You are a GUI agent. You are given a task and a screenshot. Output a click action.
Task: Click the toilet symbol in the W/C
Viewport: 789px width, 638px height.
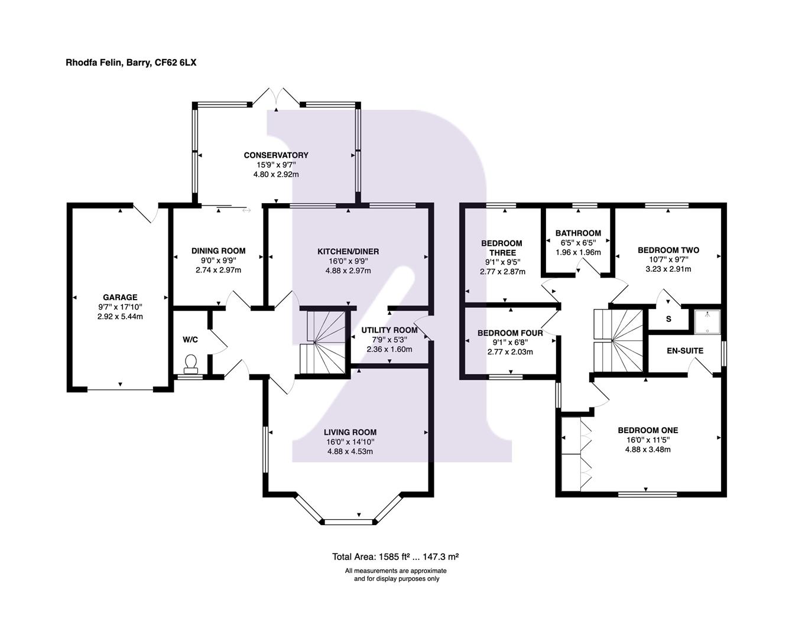(191, 363)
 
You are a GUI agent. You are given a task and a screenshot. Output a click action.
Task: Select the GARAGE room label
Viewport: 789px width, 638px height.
(120, 298)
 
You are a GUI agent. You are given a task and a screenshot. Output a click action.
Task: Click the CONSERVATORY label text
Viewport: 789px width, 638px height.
(276, 155)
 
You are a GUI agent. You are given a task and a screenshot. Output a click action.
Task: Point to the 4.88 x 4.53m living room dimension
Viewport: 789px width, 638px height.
(350, 451)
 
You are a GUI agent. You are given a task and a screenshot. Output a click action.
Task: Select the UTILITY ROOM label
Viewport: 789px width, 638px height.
(389, 330)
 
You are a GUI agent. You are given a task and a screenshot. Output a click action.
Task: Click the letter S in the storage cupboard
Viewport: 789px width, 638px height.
(668, 319)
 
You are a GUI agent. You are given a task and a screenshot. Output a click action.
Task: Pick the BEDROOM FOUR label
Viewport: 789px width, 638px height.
(510, 333)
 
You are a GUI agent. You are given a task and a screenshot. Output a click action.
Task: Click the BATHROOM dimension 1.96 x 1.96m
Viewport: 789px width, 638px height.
(578, 252)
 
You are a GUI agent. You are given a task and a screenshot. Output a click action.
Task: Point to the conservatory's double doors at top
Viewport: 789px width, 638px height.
(276, 96)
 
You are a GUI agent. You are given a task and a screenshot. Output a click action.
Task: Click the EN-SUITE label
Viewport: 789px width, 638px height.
(685, 351)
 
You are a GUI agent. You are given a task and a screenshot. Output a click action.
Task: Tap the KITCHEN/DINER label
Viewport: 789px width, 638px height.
(348, 252)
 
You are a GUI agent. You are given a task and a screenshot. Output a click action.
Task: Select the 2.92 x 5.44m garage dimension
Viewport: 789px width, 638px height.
(120, 317)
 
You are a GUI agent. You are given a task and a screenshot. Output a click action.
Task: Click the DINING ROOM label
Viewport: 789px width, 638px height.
(218, 251)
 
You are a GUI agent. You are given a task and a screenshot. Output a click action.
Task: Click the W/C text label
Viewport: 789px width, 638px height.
(190, 340)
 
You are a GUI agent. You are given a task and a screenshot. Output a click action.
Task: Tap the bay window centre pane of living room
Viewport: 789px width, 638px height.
(349, 522)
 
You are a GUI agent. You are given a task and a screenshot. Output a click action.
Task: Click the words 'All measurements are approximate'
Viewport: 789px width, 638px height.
(396, 571)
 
